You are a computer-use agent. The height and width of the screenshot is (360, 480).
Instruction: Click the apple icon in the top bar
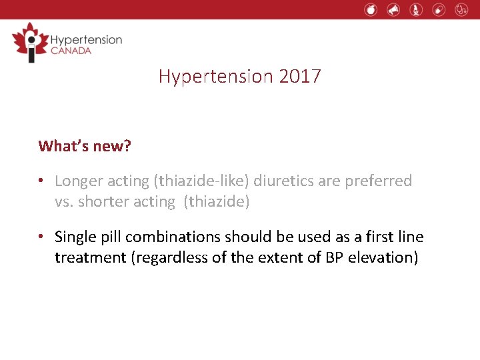[371, 9]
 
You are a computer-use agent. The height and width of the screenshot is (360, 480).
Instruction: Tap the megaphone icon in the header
[393, 9]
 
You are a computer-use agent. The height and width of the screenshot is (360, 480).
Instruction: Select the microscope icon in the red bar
[416, 9]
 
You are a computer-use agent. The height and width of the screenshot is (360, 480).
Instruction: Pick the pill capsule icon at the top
[438, 9]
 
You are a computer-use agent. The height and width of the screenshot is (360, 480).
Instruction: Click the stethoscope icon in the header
[461, 9]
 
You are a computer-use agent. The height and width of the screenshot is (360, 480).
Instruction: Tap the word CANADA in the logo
[71, 51]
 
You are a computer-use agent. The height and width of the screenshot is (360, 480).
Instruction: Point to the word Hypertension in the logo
[86, 39]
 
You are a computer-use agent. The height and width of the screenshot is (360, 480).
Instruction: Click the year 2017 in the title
[300, 77]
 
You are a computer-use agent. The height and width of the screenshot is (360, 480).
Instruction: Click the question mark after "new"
[127, 146]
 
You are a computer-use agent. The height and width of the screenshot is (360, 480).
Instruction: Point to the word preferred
[381, 181]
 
